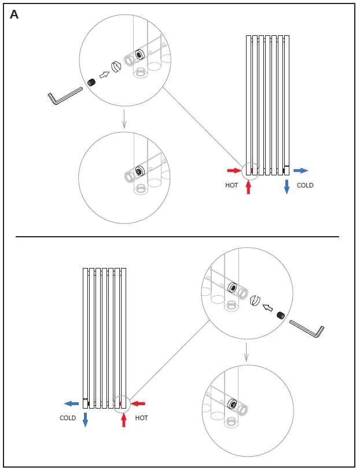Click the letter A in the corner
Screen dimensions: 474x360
[14, 15]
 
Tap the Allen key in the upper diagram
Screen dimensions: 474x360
[67, 95]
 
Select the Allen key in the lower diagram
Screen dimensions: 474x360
[306, 329]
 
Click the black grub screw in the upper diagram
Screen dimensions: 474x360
[91, 83]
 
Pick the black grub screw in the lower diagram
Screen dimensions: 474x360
[280, 315]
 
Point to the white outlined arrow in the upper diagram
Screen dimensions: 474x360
[105, 74]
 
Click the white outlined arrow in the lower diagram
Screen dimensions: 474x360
[267, 308]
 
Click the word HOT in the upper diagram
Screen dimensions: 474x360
[232, 186]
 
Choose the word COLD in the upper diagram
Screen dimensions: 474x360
[305, 186]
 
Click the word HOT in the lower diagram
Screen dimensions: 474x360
[142, 418]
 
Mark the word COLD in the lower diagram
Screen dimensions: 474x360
[68, 418]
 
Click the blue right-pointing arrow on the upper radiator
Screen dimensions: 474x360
[300, 171]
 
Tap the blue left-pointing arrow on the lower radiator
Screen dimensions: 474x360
[71, 403]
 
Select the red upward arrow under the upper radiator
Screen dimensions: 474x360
[249, 187]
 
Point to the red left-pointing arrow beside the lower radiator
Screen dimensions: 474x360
[138, 403]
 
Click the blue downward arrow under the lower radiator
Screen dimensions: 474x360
[85, 420]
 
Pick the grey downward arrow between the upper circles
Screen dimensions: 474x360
[123, 120]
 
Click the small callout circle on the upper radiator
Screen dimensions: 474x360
[249, 170]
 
